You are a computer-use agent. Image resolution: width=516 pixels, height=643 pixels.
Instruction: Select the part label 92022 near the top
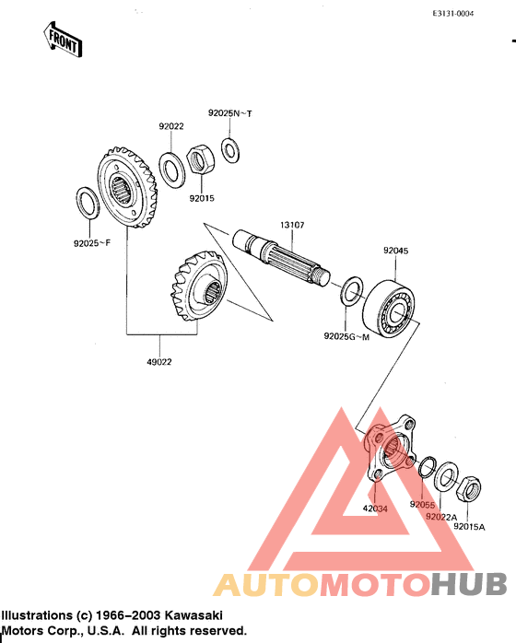(170, 126)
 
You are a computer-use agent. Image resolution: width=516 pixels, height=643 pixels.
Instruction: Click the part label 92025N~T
(229, 112)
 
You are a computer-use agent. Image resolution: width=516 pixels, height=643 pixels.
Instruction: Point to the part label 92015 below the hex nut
(203, 197)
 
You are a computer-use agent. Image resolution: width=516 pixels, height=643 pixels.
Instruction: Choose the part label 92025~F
(92, 244)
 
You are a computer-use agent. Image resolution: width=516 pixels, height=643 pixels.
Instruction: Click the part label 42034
(375, 508)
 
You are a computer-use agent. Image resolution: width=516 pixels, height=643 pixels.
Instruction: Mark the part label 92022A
(441, 517)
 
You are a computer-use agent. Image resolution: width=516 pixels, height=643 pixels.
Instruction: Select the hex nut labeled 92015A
(467, 483)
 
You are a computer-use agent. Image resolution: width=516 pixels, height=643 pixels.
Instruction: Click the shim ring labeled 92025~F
(85, 203)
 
